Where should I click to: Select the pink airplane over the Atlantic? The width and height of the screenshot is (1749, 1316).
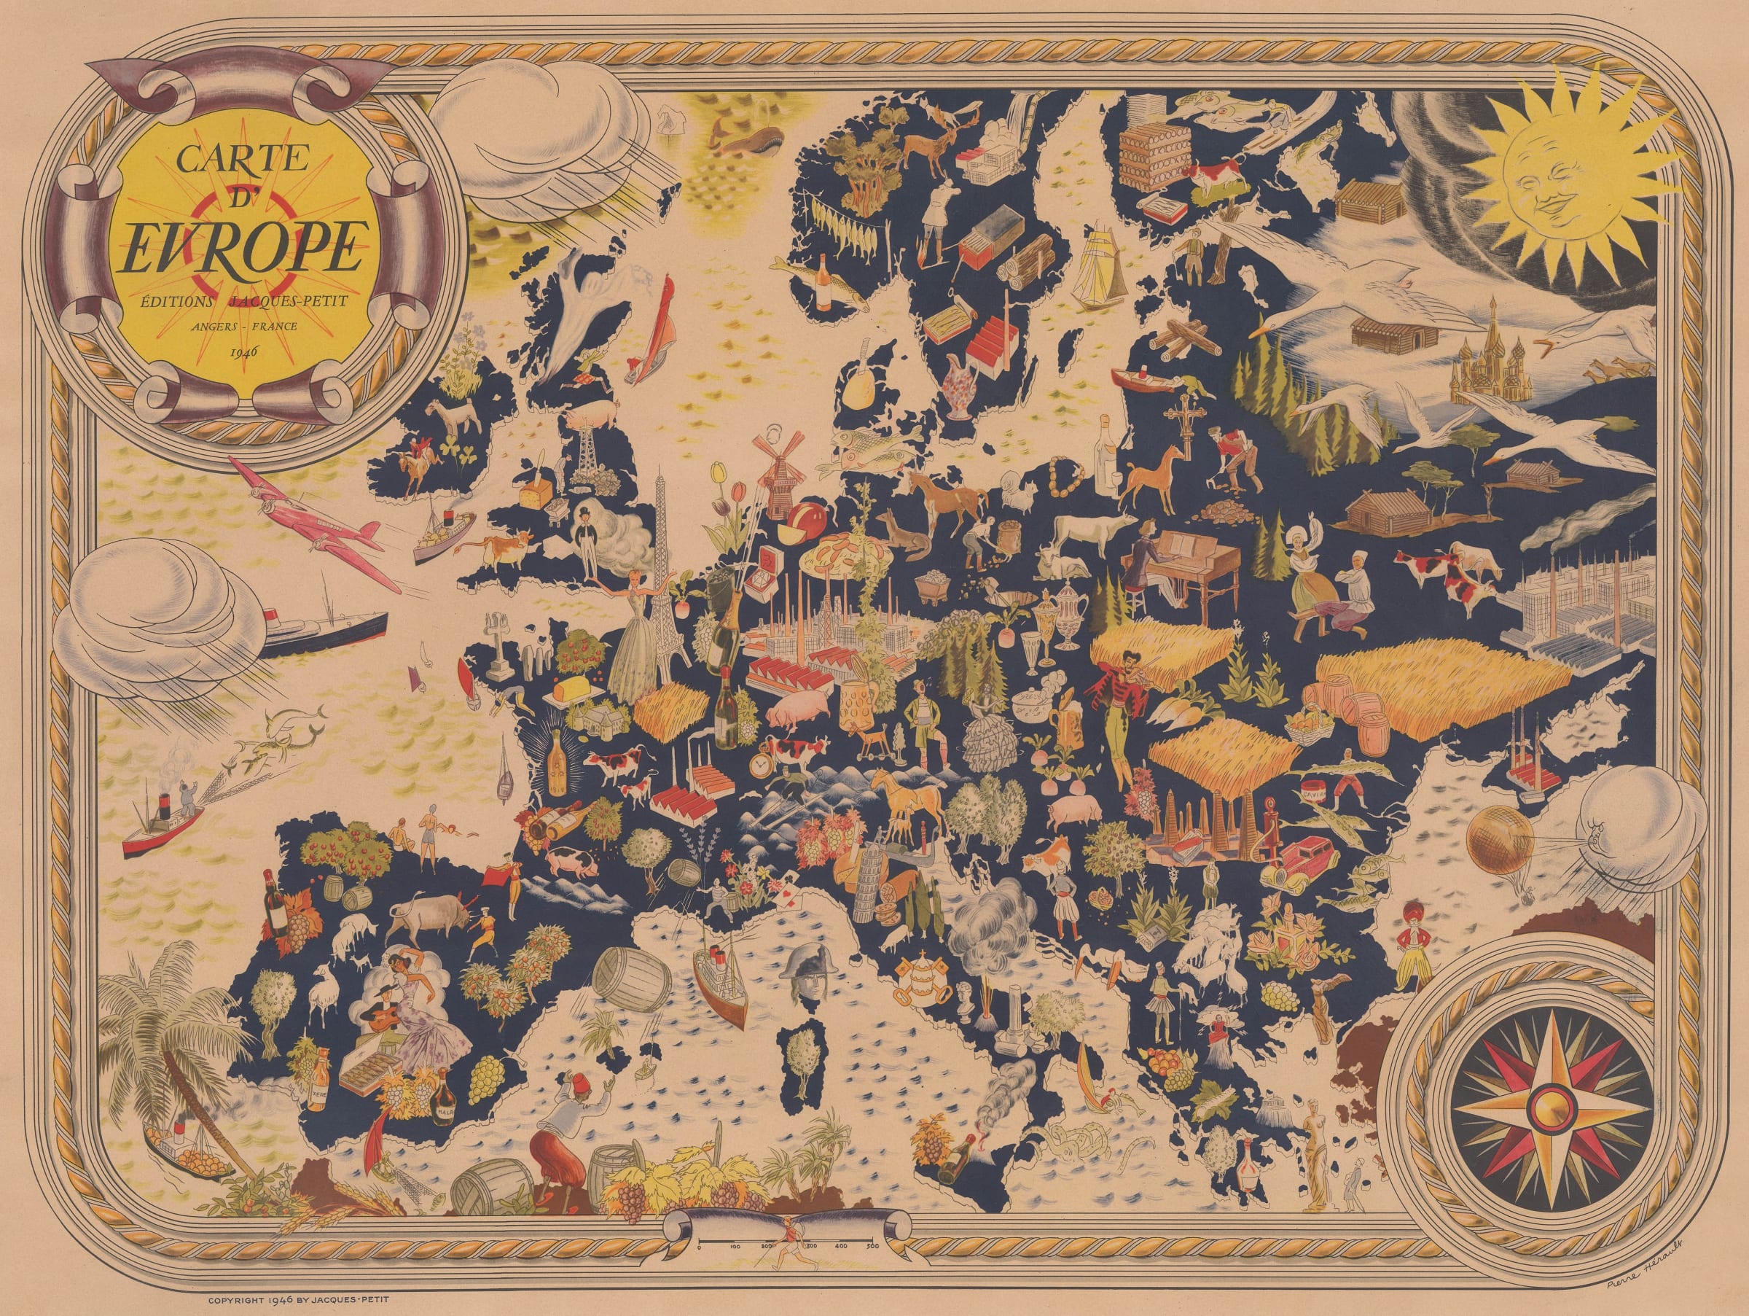pos(316,526)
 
